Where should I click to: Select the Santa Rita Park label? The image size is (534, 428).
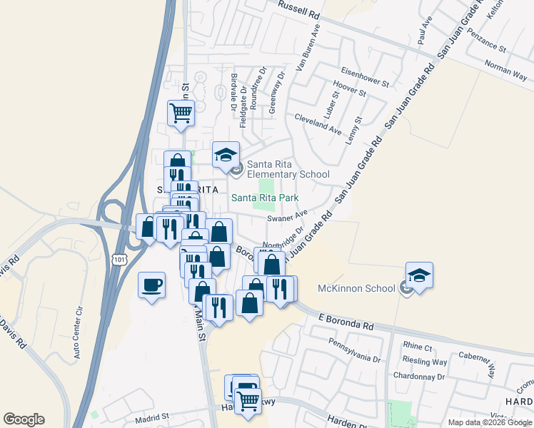tap(264, 198)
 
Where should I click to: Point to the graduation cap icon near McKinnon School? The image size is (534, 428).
tap(419, 275)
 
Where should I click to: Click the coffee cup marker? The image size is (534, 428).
tap(151, 285)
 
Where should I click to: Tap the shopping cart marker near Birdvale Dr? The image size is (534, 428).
tap(181, 112)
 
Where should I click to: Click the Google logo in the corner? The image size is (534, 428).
tap(24, 419)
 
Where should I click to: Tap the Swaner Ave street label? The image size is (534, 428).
tap(287, 216)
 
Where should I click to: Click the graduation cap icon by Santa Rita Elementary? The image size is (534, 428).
tap(226, 154)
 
